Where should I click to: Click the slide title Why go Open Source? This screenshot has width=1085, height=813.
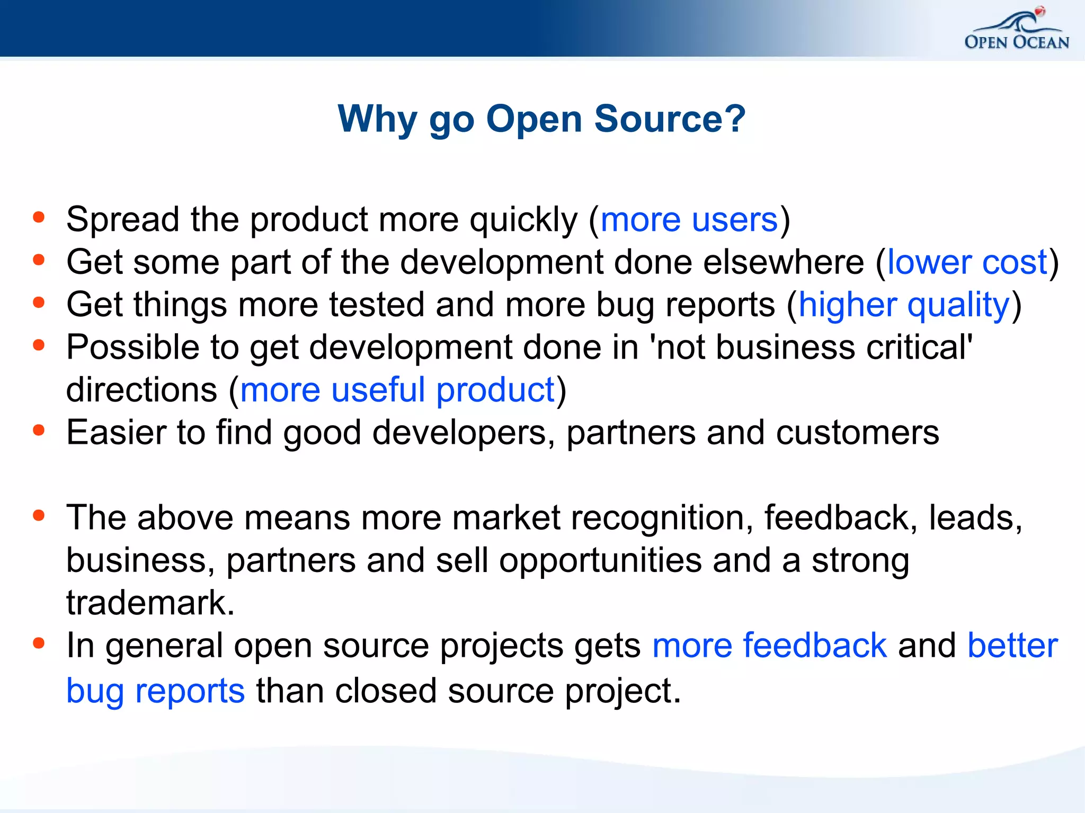pyautogui.click(x=541, y=119)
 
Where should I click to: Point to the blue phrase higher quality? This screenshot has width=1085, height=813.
pyautogui.click(x=904, y=305)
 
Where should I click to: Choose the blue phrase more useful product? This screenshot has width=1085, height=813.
pyautogui.click(x=397, y=390)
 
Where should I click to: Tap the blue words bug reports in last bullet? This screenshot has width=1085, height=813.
pyautogui.click(x=155, y=691)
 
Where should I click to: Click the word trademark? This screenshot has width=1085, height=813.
pyautogui.click(x=149, y=603)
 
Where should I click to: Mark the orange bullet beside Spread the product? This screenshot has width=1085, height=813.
pyautogui.click(x=39, y=217)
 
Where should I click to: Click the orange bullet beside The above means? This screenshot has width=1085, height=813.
pyautogui.click(x=39, y=515)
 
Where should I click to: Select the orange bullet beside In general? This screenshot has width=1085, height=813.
pyautogui.click(x=39, y=643)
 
